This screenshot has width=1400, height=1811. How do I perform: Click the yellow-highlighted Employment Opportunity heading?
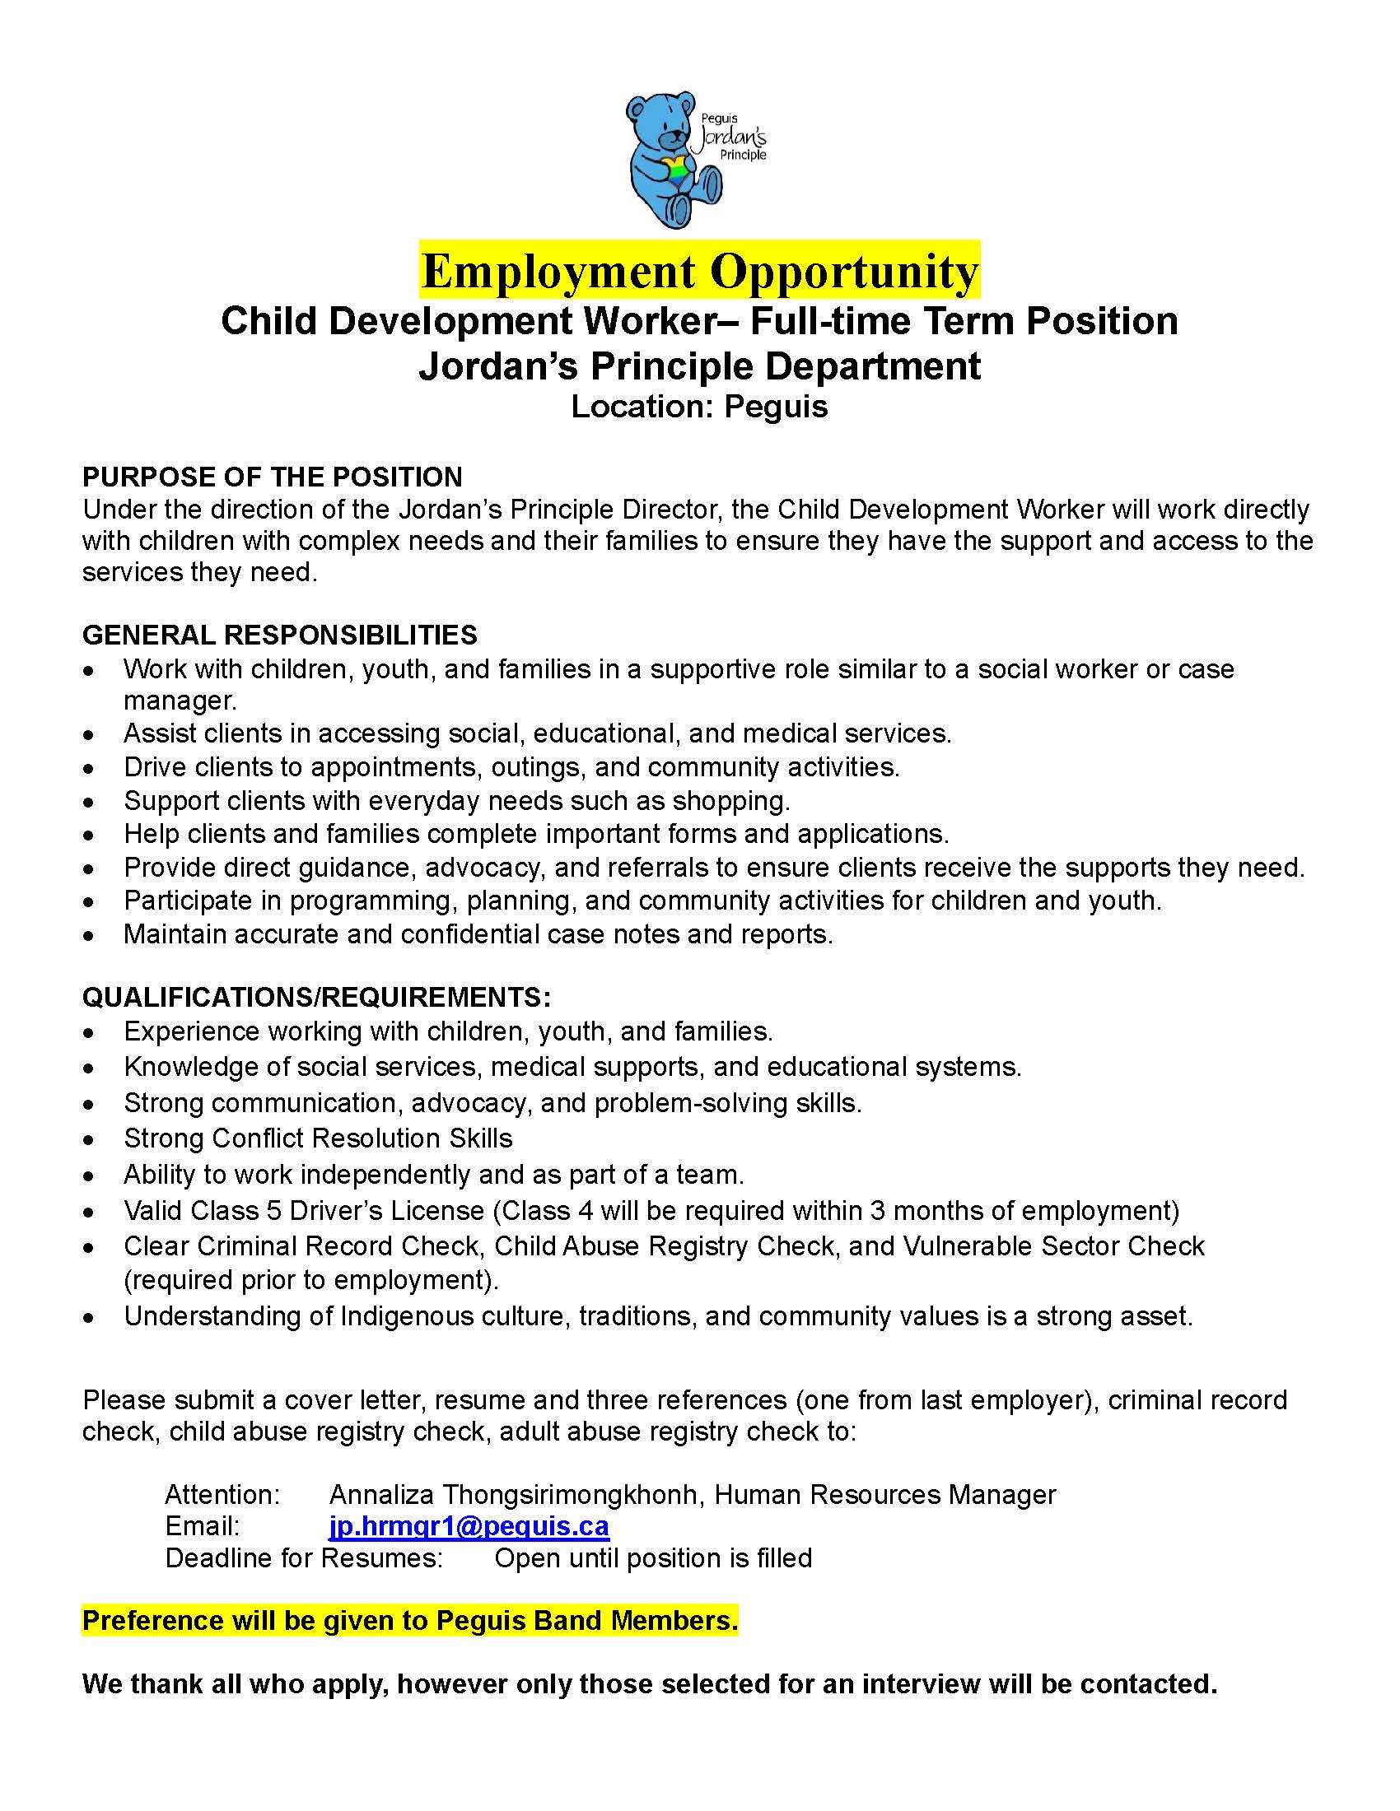pos(699,270)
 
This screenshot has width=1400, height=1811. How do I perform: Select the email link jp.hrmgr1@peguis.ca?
pos(469,1525)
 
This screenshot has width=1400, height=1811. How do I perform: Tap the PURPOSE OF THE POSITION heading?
pos(272,477)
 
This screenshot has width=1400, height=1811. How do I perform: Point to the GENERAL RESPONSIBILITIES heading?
pos(279,635)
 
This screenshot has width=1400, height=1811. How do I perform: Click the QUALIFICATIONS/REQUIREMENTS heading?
pos(316,996)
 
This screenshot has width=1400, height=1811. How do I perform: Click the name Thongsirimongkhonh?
pos(573,1494)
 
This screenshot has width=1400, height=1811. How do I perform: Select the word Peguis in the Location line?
pos(776,407)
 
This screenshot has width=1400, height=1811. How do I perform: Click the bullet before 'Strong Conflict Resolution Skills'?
pos(89,1140)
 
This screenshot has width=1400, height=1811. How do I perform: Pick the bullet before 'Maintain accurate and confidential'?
pos(89,936)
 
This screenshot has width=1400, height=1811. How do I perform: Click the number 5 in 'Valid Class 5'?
pos(273,1211)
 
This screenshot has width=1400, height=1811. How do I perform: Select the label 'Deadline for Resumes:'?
pos(304,1558)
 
